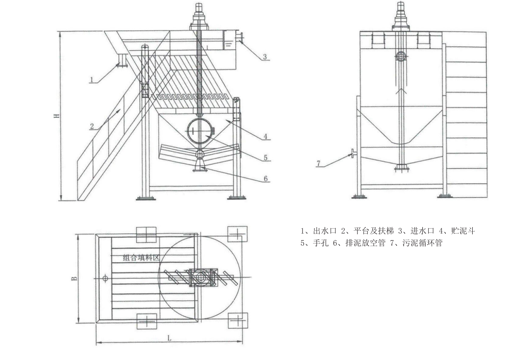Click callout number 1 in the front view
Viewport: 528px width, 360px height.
pyautogui.click(x=91, y=79)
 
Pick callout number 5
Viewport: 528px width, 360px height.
pyautogui.click(x=265, y=157)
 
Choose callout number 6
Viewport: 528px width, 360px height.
pyautogui.click(x=265, y=179)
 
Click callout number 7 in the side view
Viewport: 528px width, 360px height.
pyautogui.click(x=317, y=163)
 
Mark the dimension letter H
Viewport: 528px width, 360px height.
pyautogui.click(x=56, y=116)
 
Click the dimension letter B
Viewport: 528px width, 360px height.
pyautogui.click(x=74, y=278)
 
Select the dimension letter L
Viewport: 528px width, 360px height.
pyautogui.click(x=169, y=338)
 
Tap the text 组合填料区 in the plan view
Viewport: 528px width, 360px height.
pyautogui.click(x=141, y=257)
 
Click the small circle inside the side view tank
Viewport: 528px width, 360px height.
pyautogui.click(x=401, y=56)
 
